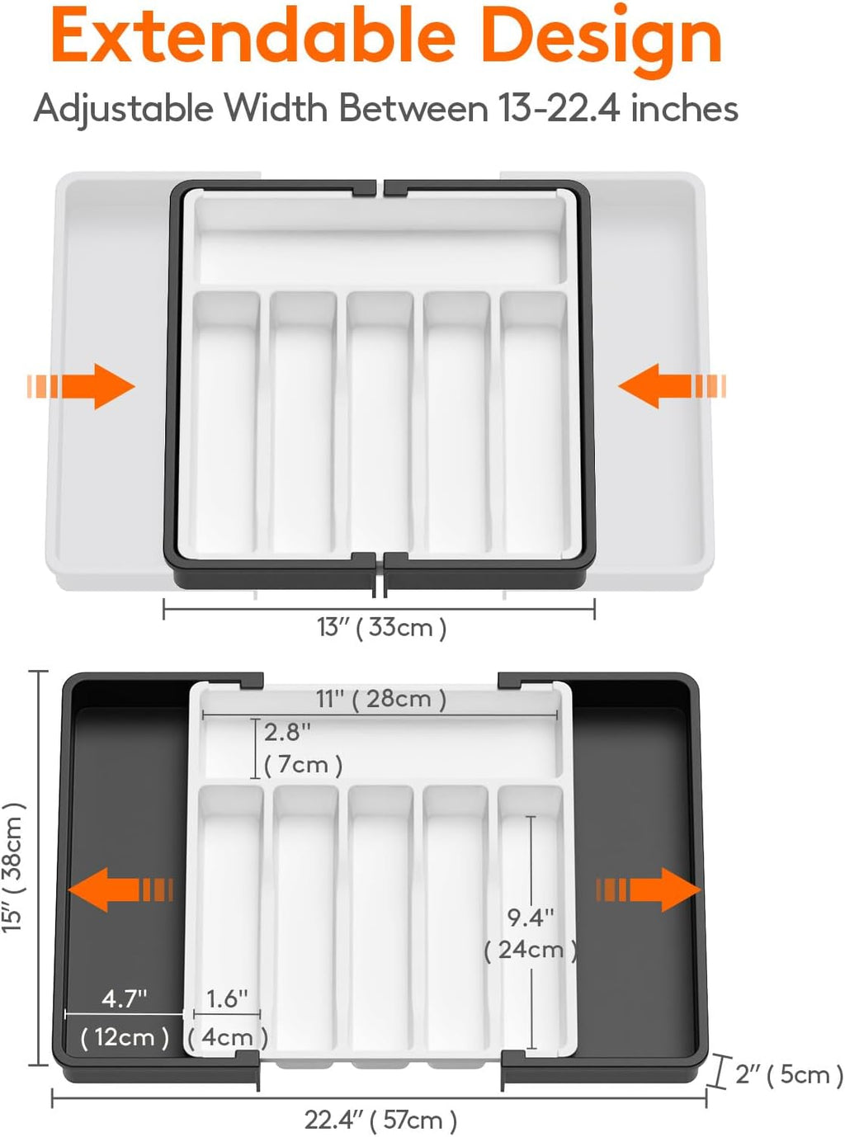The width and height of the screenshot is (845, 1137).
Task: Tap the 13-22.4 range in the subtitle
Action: coord(559,108)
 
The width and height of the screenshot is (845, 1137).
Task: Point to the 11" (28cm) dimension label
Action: coord(380,699)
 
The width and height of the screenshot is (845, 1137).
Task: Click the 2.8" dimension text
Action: coord(287,732)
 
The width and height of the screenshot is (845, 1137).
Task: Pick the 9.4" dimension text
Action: coord(530,917)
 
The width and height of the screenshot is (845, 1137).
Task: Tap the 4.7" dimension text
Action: coord(124,998)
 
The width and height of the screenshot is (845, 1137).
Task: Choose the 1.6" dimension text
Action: coord(226,998)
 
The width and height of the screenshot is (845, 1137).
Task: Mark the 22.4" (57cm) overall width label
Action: coord(380,1120)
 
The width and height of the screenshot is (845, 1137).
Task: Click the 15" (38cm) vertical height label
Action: coord(14,868)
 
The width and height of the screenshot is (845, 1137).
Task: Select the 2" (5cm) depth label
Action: coord(788,1073)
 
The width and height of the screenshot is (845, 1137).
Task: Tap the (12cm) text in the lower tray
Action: coord(125,1036)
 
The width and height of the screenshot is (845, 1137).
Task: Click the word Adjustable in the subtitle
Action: coord(123,108)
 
